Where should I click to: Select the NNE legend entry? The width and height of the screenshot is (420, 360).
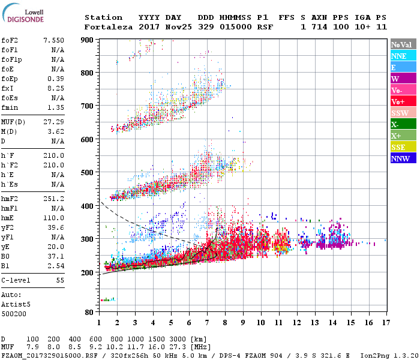[x=399, y=56]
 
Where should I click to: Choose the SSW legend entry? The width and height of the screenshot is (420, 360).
[x=399, y=113]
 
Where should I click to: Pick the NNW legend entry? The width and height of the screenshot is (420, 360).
[x=400, y=158]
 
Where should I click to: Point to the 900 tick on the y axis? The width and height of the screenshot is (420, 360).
[x=88, y=40]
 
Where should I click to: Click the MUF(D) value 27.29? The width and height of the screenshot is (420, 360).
[x=55, y=122]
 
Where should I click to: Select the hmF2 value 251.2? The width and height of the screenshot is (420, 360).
[x=55, y=198]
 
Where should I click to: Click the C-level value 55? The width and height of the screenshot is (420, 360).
[x=59, y=280]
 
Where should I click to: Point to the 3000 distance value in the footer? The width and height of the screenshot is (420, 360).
[x=178, y=340]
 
